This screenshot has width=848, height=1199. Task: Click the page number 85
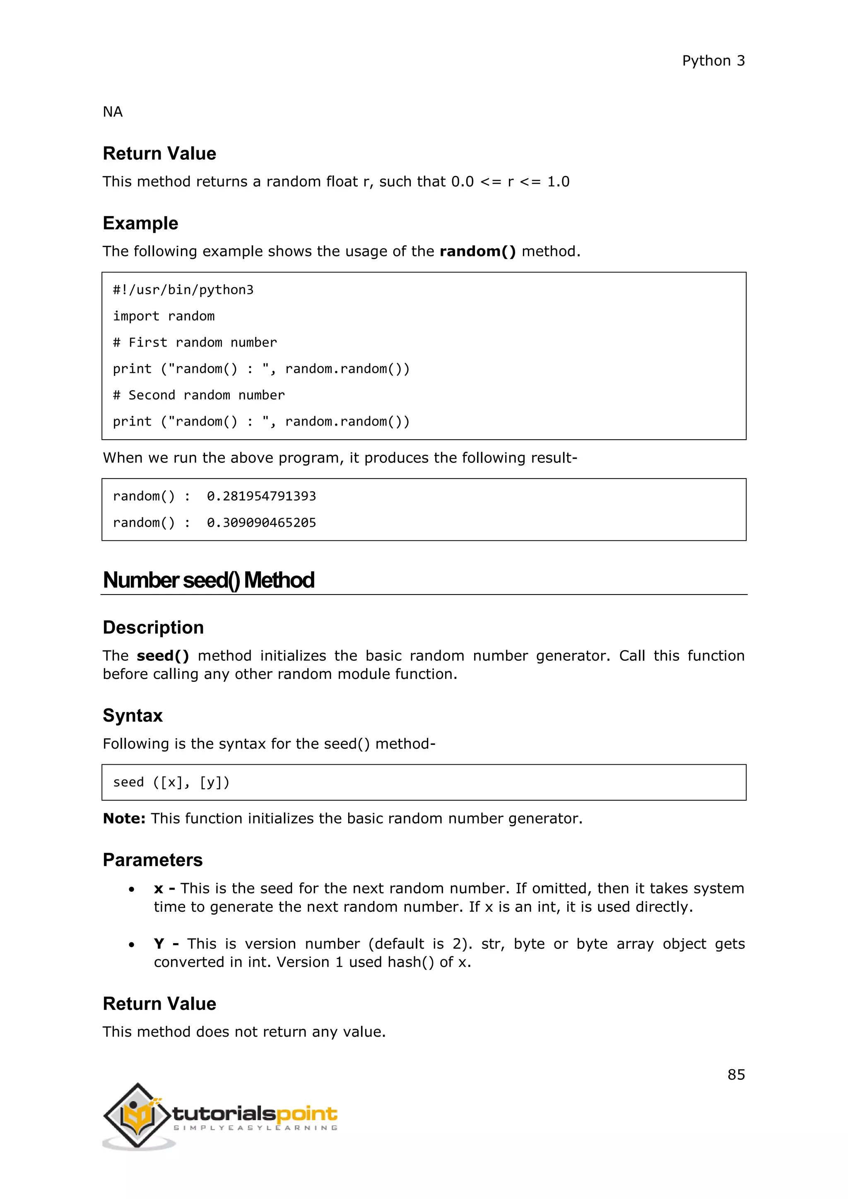(x=736, y=1074)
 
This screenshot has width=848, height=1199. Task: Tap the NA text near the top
(x=112, y=112)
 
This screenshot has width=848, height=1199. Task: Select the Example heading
(x=140, y=223)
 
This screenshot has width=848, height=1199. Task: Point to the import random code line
(x=164, y=316)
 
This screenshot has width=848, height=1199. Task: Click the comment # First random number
(x=195, y=342)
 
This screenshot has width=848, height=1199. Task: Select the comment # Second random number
(x=198, y=395)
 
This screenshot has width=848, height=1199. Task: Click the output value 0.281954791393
(x=261, y=496)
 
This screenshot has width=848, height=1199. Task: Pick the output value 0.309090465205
(x=261, y=523)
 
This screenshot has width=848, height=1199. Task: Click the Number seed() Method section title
(x=208, y=580)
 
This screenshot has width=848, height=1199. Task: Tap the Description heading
(x=153, y=627)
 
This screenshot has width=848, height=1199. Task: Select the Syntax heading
(x=132, y=715)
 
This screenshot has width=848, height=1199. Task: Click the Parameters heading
(x=152, y=860)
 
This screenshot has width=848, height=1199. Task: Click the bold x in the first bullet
(x=158, y=889)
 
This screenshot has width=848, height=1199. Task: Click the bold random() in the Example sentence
(x=477, y=251)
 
